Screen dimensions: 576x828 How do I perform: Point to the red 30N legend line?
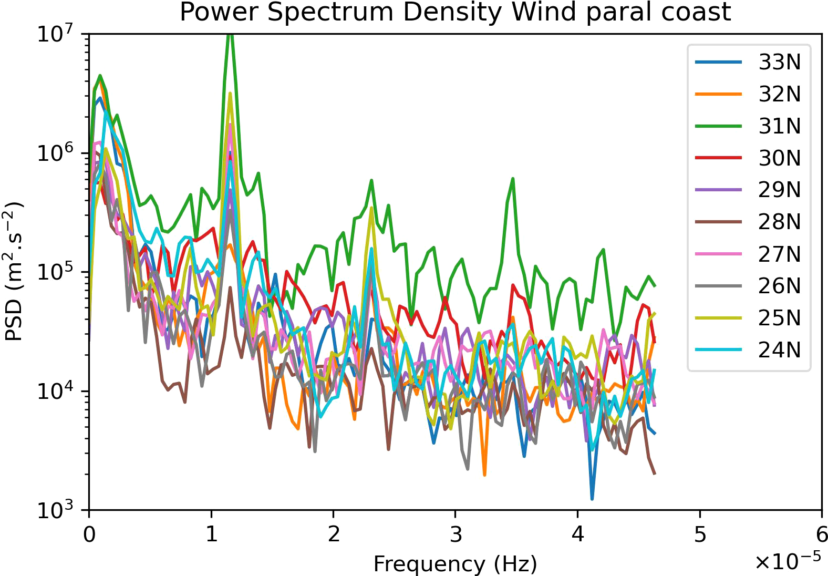click(x=718, y=158)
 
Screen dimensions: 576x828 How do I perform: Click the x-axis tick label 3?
click(x=456, y=534)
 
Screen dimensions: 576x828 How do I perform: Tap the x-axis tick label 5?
click(x=700, y=534)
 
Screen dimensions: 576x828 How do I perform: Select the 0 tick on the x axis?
click(x=89, y=534)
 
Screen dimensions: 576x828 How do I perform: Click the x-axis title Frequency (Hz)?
click(x=455, y=564)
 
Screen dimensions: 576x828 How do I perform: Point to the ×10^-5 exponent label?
click(x=788, y=561)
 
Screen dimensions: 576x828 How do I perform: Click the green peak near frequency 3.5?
click(x=513, y=179)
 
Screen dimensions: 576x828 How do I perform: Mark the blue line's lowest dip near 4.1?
click(x=592, y=498)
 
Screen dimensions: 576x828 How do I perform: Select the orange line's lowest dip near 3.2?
click(x=484, y=475)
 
